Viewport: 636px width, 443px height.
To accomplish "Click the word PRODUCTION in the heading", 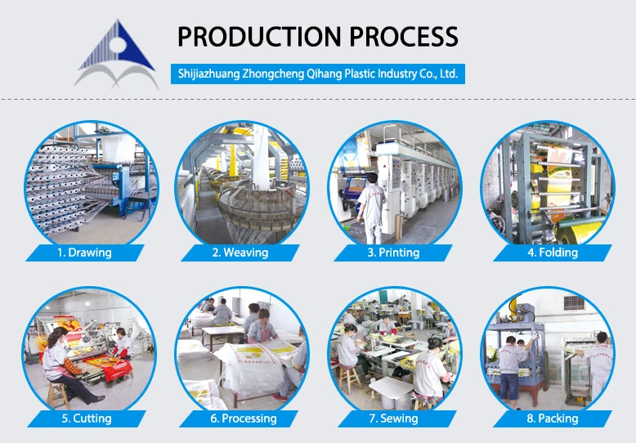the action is pos(258,37).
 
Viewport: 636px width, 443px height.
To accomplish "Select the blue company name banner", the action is pos(319,74).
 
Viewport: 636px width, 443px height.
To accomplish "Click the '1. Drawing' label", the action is pos(84,253).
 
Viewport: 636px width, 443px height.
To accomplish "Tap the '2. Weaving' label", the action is pos(240,253).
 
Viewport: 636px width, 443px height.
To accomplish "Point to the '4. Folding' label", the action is pos(552,253).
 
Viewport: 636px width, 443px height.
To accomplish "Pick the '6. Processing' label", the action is pos(243,418).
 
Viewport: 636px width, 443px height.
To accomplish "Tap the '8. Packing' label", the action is pos(552,418).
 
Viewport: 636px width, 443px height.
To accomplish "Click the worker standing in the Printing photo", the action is pos(370,208).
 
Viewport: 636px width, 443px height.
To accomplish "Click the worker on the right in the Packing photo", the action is pos(598,364).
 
